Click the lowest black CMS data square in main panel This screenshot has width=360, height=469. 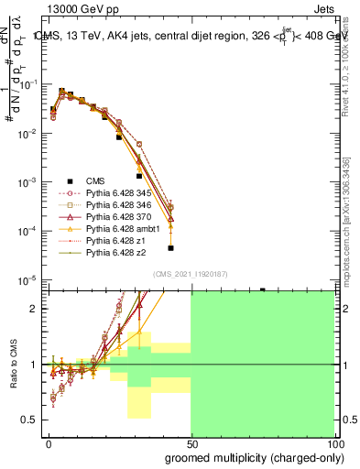click(x=170, y=247)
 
